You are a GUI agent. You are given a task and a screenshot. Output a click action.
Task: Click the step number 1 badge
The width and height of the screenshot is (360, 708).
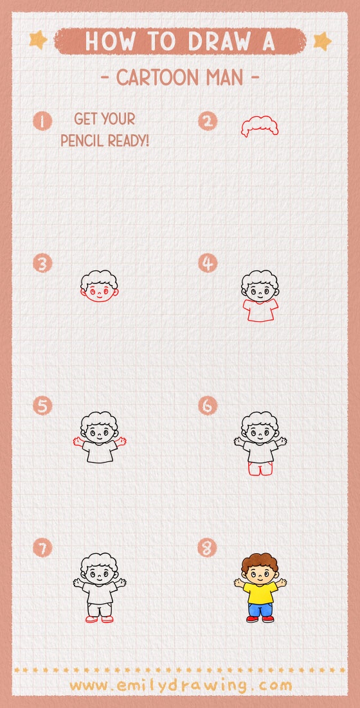pyautogui.click(x=42, y=121)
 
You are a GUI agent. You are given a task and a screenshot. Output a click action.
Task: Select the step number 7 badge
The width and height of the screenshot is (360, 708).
pyautogui.click(x=42, y=548)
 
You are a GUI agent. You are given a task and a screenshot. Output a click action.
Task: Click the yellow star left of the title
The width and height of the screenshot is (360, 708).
pyautogui.click(x=38, y=40)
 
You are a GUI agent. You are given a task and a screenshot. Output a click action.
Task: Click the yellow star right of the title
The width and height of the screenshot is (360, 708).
pyautogui.click(x=321, y=41)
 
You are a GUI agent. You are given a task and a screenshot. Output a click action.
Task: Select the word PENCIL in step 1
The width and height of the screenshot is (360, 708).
pyautogui.click(x=80, y=140)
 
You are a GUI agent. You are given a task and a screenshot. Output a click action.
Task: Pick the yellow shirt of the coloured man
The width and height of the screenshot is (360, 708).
pyautogui.click(x=260, y=592)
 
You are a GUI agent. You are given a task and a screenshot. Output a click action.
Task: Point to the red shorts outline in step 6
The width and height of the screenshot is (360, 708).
pyautogui.click(x=260, y=470)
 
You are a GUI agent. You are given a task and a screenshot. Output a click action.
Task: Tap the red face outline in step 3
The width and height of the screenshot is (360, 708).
pyautogui.click(x=100, y=294)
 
